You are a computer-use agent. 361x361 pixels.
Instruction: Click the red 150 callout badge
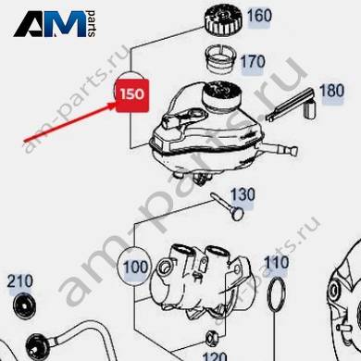point(132,95)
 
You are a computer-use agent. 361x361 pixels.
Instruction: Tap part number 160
point(259,16)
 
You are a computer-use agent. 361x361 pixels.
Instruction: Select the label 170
point(253,62)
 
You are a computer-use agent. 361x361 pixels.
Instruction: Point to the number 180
point(331,91)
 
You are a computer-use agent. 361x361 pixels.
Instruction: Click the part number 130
point(243,195)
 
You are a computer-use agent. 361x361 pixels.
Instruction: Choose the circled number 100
point(135,267)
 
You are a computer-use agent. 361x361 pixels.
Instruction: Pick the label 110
point(277,263)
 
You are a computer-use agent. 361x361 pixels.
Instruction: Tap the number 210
point(20,281)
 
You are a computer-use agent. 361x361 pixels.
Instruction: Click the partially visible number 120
point(215,356)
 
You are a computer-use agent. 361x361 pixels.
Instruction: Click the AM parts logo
point(55,24)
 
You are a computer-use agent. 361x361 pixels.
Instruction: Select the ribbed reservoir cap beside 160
point(224,20)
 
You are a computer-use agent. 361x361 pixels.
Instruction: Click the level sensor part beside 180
point(291,105)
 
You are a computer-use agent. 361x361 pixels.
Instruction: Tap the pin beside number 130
point(228,206)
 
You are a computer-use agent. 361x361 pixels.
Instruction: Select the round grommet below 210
point(25,305)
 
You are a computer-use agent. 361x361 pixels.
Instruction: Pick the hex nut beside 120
point(212,337)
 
